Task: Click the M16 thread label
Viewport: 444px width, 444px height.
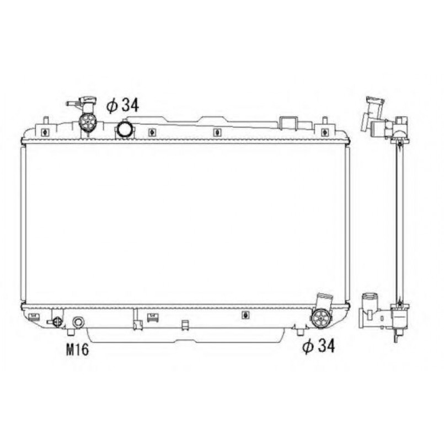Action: (77, 350)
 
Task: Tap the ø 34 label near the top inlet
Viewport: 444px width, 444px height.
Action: (122, 105)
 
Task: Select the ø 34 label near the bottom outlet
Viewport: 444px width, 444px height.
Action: (319, 346)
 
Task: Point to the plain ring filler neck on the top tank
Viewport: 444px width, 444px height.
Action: (124, 129)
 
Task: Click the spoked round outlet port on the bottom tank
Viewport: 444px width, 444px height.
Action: (320, 319)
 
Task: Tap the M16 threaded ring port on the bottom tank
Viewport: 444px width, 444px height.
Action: (78, 322)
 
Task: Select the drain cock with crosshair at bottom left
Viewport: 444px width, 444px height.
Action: (56, 322)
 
